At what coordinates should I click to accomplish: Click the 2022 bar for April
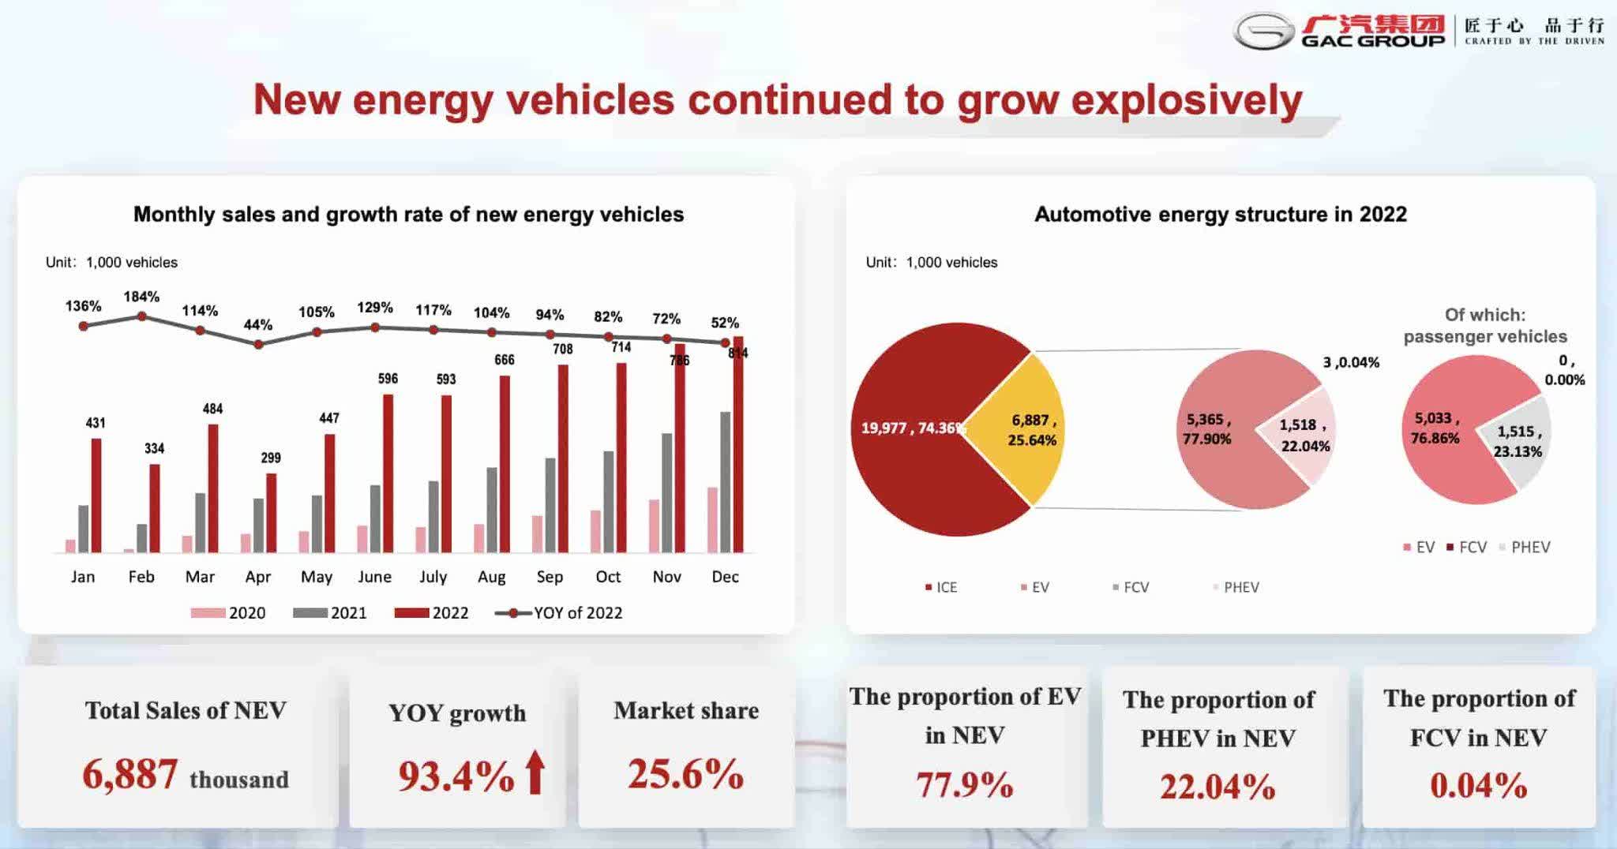(x=271, y=513)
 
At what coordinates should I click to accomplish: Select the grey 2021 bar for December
(x=725, y=481)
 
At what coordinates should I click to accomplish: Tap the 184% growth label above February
(x=141, y=297)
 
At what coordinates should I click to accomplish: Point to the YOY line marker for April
(x=258, y=344)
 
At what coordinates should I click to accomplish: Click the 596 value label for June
(x=388, y=379)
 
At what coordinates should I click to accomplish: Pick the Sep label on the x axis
(x=550, y=577)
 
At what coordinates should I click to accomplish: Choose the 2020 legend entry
(x=228, y=613)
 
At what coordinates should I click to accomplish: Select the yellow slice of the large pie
(x=1019, y=430)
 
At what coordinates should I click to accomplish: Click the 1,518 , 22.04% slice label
(x=1304, y=435)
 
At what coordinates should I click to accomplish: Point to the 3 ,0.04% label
(x=1351, y=362)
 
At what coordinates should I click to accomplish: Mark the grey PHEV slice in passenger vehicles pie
(x=1516, y=442)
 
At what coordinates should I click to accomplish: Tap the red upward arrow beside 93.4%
(x=535, y=772)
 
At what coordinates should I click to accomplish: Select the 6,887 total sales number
(x=130, y=774)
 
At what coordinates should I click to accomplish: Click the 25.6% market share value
(x=685, y=774)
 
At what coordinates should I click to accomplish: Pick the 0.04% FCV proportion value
(x=1478, y=785)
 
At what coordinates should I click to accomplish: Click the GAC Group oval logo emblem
(x=1264, y=32)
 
